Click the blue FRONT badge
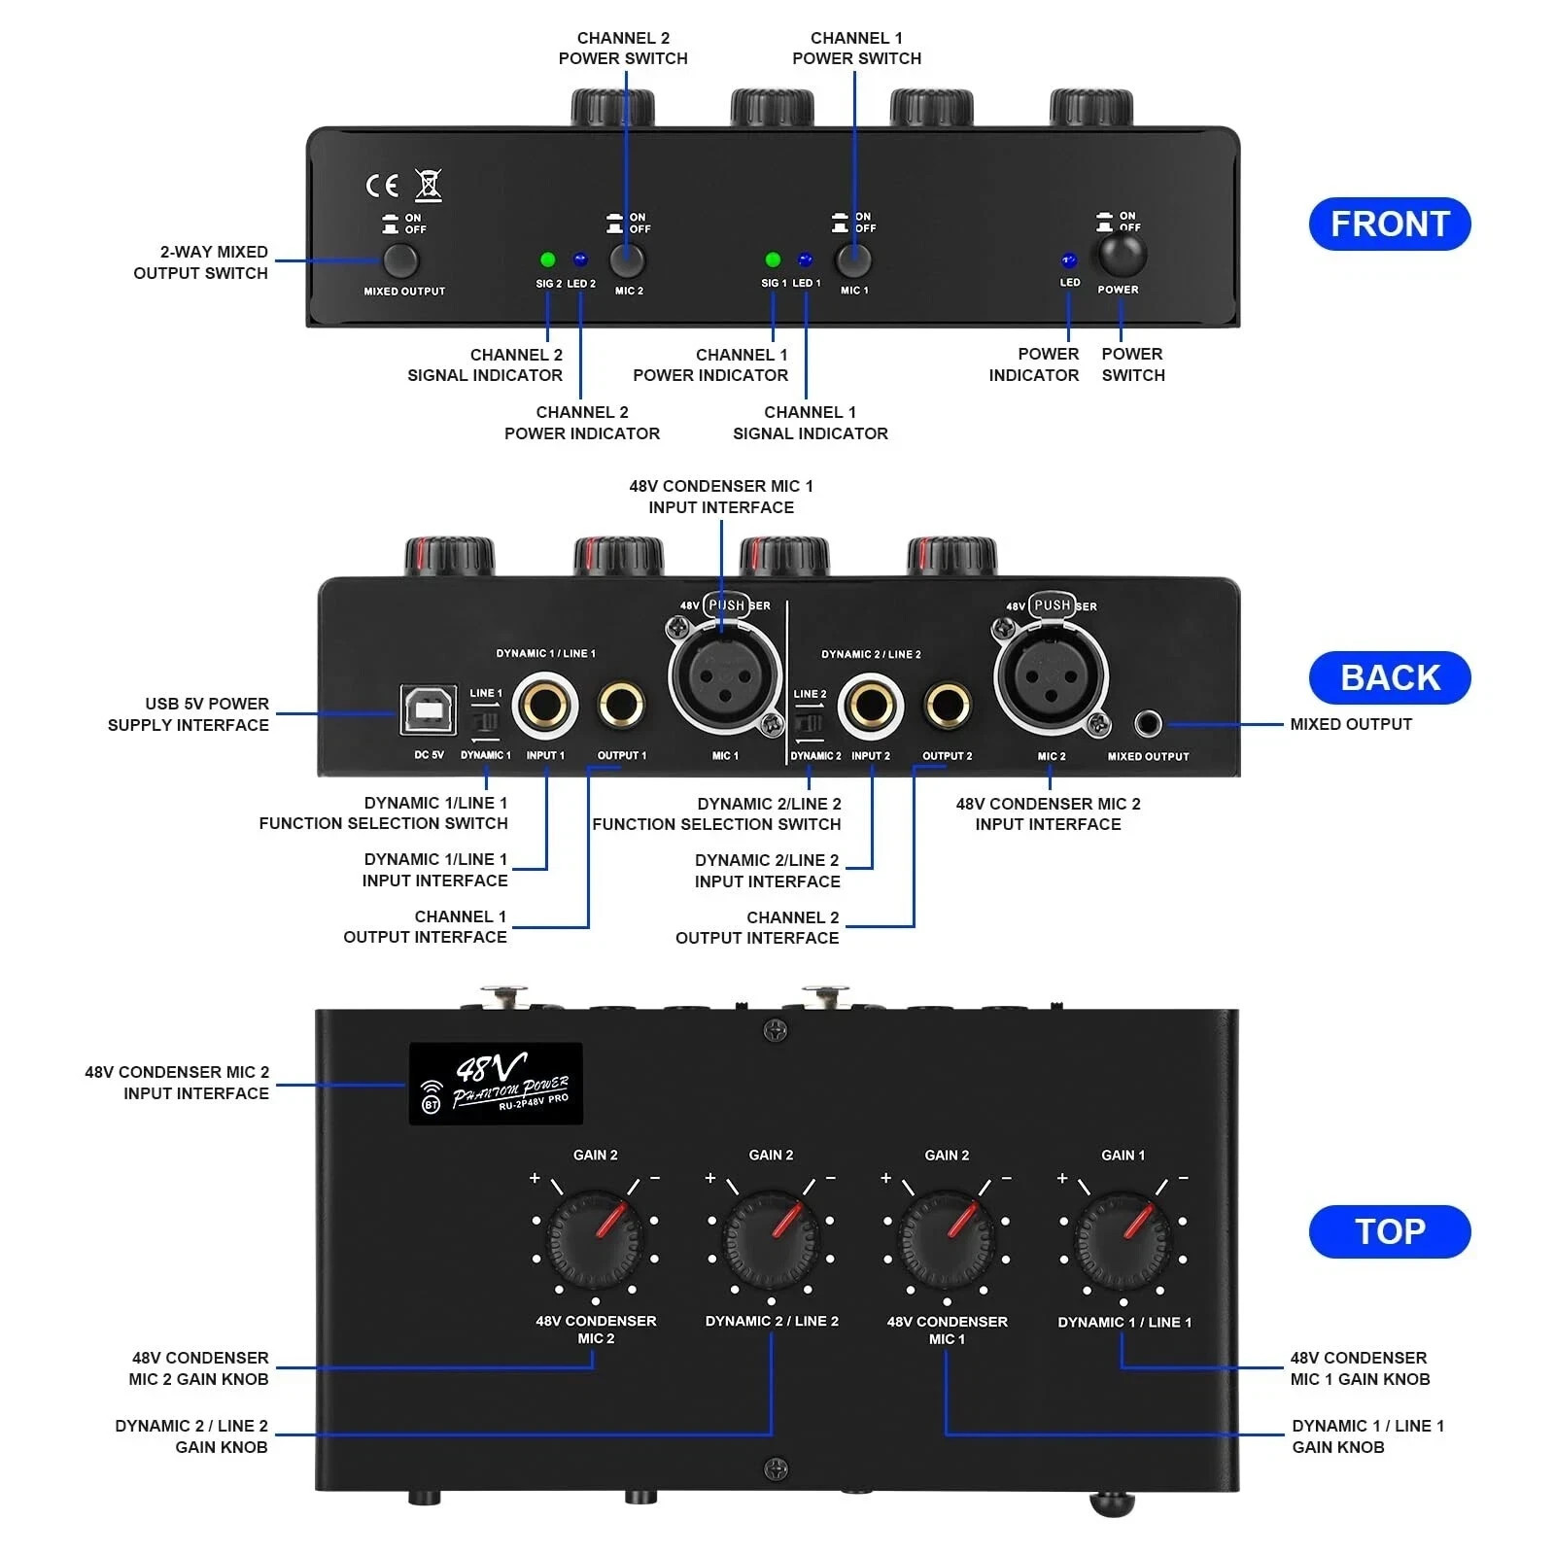tap(1389, 225)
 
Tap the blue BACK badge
tap(1389, 677)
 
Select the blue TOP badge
tap(1389, 1231)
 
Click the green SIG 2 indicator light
tap(547, 259)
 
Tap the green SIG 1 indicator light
tap(773, 259)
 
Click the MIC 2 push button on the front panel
tap(627, 259)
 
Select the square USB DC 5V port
tap(429, 710)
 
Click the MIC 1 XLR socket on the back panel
tap(725, 677)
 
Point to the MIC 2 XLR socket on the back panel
tap(1051, 677)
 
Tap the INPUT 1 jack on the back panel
tap(545, 705)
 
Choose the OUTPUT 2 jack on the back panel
tap(947, 705)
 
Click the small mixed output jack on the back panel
tap(1148, 724)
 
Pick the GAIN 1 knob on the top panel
tap(1123, 1239)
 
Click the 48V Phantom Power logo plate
tap(496, 1084)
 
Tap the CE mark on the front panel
tap(382, 185)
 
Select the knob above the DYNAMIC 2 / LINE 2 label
tap(771, 1239)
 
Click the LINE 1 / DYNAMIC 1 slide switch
tap(484, 722)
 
